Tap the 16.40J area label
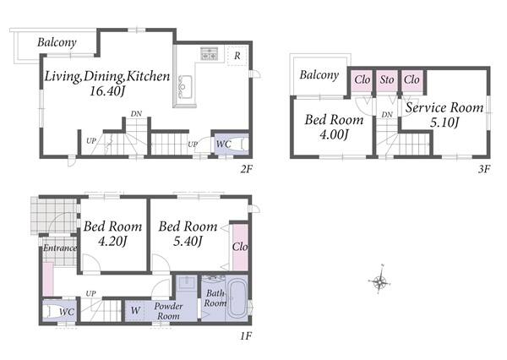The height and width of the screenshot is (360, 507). pos(107,91)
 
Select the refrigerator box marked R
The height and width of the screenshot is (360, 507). pos(237,56)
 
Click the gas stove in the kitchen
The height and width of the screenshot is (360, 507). pos(210,54)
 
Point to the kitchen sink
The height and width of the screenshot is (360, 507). pos(185,86)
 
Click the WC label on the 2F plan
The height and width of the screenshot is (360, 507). pos(223,144)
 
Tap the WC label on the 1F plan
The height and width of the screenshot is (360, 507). pos(67,312)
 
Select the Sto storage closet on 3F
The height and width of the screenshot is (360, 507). pos(387,81)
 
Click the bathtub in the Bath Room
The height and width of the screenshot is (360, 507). pos(237,297)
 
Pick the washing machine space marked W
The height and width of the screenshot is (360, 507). pos(135,311)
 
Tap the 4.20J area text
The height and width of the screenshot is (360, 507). pos(112,242)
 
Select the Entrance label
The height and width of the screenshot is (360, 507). pos(60,248)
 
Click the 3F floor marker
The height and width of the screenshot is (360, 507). pos(484,169)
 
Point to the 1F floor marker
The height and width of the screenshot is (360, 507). pos(246,336)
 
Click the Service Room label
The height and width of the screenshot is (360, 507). pos(444,107)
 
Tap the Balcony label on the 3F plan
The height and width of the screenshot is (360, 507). pos(319,75)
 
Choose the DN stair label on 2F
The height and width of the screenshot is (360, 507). pos(136,114)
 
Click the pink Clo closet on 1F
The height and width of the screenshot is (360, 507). pos(240,247)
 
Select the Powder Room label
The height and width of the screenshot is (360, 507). pos(168,311)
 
